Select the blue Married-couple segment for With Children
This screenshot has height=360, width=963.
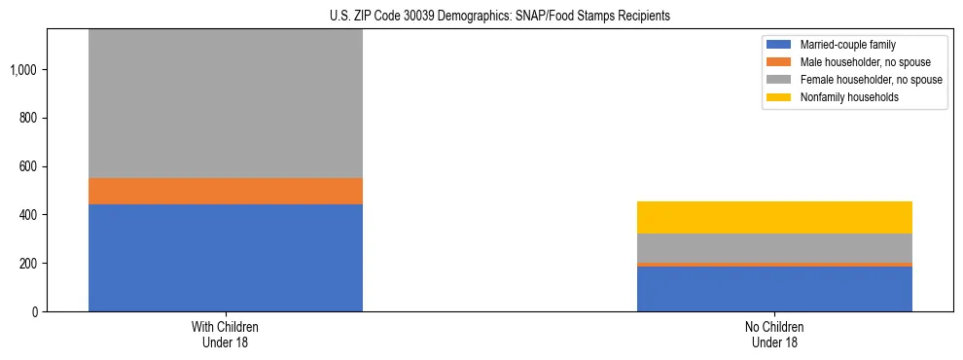point(226,258)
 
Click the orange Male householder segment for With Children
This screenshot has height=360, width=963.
point(226,191)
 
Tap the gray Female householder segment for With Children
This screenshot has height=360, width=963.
point(226,103)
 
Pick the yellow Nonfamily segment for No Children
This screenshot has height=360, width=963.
point(774,217)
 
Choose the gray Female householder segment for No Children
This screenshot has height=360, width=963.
point(774,247)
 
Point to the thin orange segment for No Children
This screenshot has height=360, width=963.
point(774,264)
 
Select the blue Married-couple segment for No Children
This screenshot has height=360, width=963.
point(774,289)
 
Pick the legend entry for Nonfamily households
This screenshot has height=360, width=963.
point(842,97)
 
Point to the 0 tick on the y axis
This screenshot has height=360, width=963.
point(35,311)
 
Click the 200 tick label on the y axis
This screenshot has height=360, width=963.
point(29,264)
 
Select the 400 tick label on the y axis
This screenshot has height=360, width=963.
point(29,215)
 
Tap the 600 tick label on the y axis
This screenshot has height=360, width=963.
point(29,166)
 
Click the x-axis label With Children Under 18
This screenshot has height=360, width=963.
point(226,334)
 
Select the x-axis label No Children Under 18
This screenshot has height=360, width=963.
point(774,334)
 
